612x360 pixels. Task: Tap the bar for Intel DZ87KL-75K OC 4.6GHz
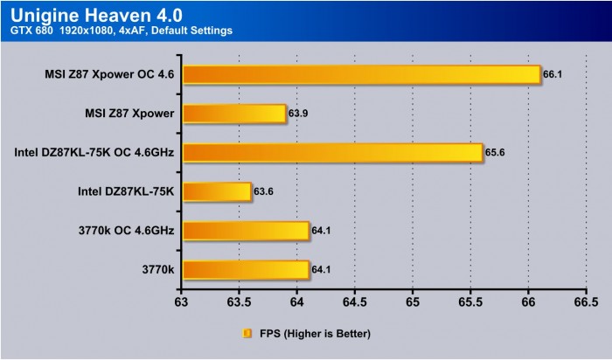(332, 153)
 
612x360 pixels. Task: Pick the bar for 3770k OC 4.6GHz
(246, 231)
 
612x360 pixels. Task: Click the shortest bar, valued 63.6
(217, 192)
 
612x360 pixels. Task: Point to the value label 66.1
(552, 75)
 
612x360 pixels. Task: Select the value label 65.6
(494, 153)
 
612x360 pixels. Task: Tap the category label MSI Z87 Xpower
(130, 114)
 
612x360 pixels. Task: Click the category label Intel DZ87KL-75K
(128, 192)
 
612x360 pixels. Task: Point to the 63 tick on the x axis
(182, 302)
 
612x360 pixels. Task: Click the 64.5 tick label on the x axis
(354, 302)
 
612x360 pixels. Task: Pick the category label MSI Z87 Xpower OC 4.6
(111, 75)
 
